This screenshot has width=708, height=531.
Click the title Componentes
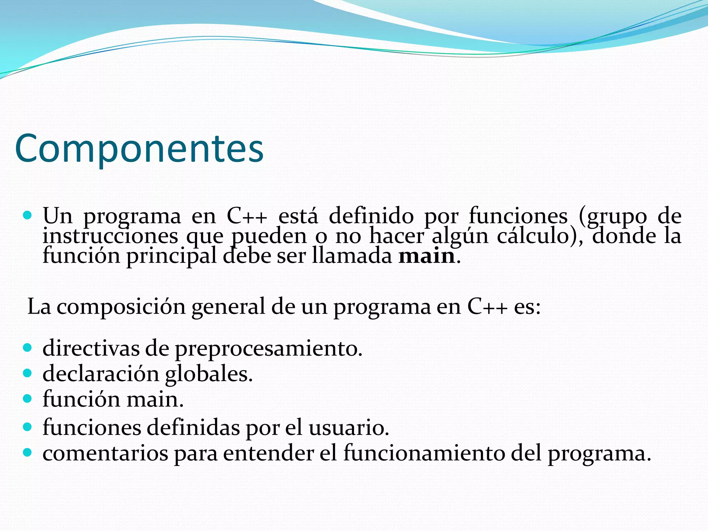pos(139,149)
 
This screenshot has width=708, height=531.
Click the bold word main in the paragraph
pos(426,256)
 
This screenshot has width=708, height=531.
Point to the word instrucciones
pos(110,236)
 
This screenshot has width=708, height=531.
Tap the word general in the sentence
pos(228,307)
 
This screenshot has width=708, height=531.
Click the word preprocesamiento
pos(268,348)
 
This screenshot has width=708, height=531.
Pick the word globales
pos(209,374)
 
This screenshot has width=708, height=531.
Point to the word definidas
pos(193,427)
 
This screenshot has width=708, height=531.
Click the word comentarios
pos(105,453)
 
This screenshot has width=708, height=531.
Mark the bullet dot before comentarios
pos(27,453)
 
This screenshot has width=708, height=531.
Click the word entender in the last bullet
pos(268,453)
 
